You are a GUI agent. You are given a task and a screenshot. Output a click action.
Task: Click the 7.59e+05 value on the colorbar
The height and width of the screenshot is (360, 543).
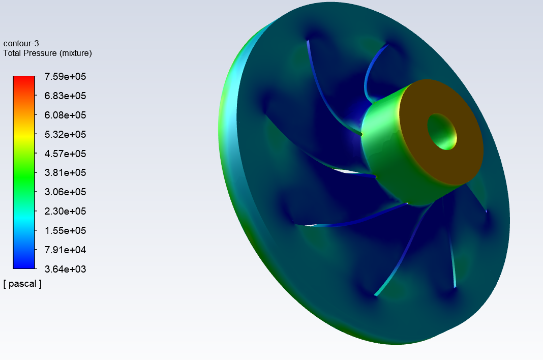pyautogui.click(x=65, y=77)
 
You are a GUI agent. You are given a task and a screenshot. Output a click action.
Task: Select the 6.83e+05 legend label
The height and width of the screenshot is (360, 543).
pyautogui.click(x=65, y=96)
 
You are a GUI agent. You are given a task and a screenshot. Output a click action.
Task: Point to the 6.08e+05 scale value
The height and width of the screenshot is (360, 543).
pyautogui.click(x=65, y=115)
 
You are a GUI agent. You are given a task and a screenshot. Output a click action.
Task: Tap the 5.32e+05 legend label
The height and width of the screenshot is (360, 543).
pyautogui.click(x=65, y=134)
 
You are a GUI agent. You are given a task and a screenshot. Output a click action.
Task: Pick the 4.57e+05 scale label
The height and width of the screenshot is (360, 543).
pyautogui.click(x=65, y=154)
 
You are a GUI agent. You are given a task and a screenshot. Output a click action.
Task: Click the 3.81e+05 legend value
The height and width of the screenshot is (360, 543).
pyautogui.click(x=65, y=172)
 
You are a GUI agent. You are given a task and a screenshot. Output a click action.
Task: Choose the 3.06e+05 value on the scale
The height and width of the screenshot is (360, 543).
pyautogui.click(x=65, y=192)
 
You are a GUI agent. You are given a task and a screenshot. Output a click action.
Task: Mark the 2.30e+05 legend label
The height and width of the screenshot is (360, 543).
pyautogui.click(x=65, y=211)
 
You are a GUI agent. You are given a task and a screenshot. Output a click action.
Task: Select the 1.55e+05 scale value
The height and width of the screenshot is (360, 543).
pyautogui.click(x=65, y=230)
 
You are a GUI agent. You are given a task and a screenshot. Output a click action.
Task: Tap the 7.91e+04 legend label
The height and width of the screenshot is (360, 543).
pyautogui.click(x=65, y=250)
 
